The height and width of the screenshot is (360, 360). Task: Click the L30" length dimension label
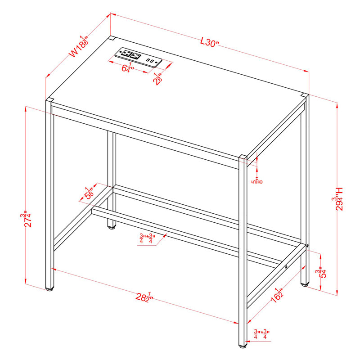(209, 43)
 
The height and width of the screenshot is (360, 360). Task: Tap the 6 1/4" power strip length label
(128, 69)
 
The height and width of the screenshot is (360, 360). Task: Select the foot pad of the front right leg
(243, 347)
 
